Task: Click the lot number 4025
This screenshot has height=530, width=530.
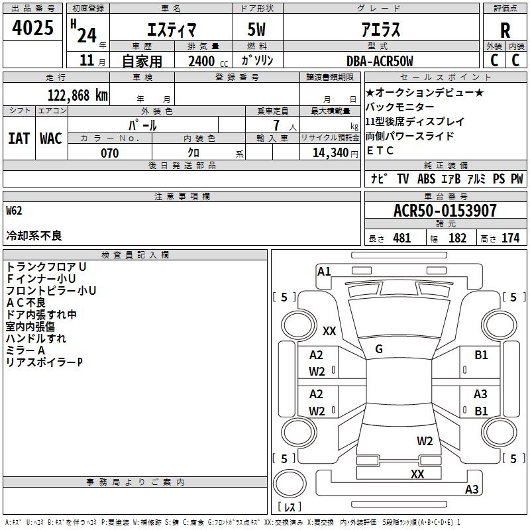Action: point(33,28)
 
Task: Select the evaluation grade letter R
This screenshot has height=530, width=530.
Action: point(505,30)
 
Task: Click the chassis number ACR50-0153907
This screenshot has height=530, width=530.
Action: point(445,211)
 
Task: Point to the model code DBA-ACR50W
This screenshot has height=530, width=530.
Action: point(379,61)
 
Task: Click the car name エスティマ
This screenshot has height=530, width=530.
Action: point(169,30)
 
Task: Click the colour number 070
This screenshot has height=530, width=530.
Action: point(109,153)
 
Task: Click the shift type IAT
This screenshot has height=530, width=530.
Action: point(19,138)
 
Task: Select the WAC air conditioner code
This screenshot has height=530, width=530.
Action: point(50,138)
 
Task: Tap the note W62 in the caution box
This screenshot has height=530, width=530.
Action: point(14,211)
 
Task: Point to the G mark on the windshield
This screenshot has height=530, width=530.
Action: point(379,349)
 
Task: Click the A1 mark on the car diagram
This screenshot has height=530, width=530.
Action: point(324,271)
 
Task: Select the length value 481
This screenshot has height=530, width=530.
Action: point(402,238)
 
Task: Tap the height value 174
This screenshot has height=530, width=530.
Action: point(510,238)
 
